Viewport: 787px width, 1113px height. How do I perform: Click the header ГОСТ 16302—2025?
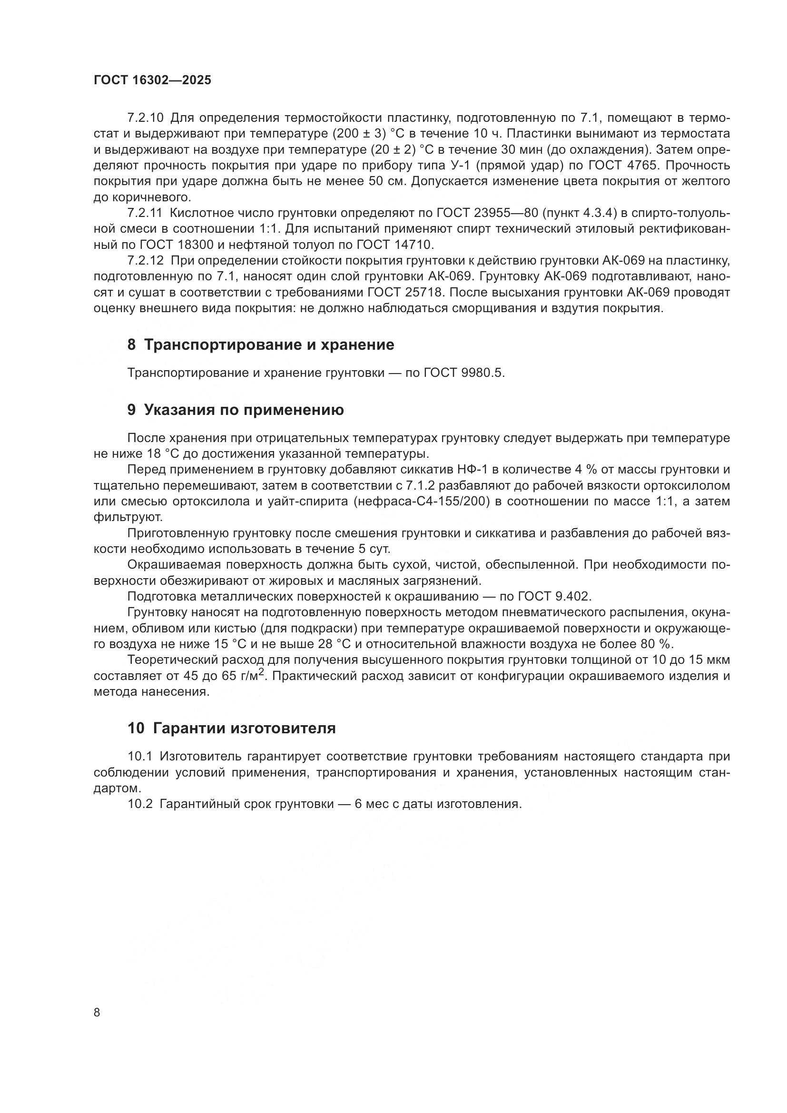[x=152, y=80]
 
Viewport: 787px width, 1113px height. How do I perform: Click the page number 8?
[x=97, y=1012]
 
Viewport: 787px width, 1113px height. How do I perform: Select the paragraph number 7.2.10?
[x=146, y=118]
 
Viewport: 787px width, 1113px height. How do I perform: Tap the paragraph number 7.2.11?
[x=146, y=213]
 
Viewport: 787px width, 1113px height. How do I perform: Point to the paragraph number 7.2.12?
[x=146, y=261]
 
